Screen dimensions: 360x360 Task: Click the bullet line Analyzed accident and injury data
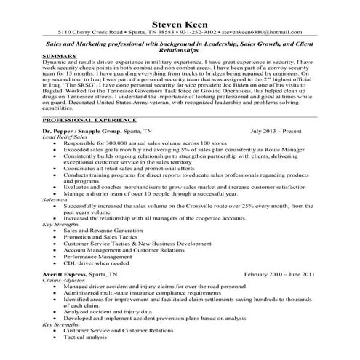[114, 311]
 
